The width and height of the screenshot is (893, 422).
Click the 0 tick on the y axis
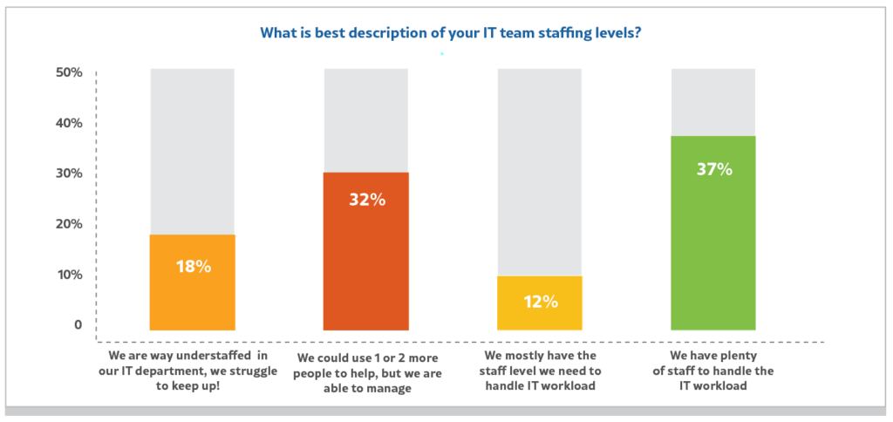(78, 325)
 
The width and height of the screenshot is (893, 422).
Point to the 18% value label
(192, 266)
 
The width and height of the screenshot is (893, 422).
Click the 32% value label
(365, 200)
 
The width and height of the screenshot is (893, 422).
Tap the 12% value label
(539, 302)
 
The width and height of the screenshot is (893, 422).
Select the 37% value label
(713, 169)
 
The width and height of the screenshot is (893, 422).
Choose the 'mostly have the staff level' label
(539, 371)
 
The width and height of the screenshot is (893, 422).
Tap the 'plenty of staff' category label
(712, 371)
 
